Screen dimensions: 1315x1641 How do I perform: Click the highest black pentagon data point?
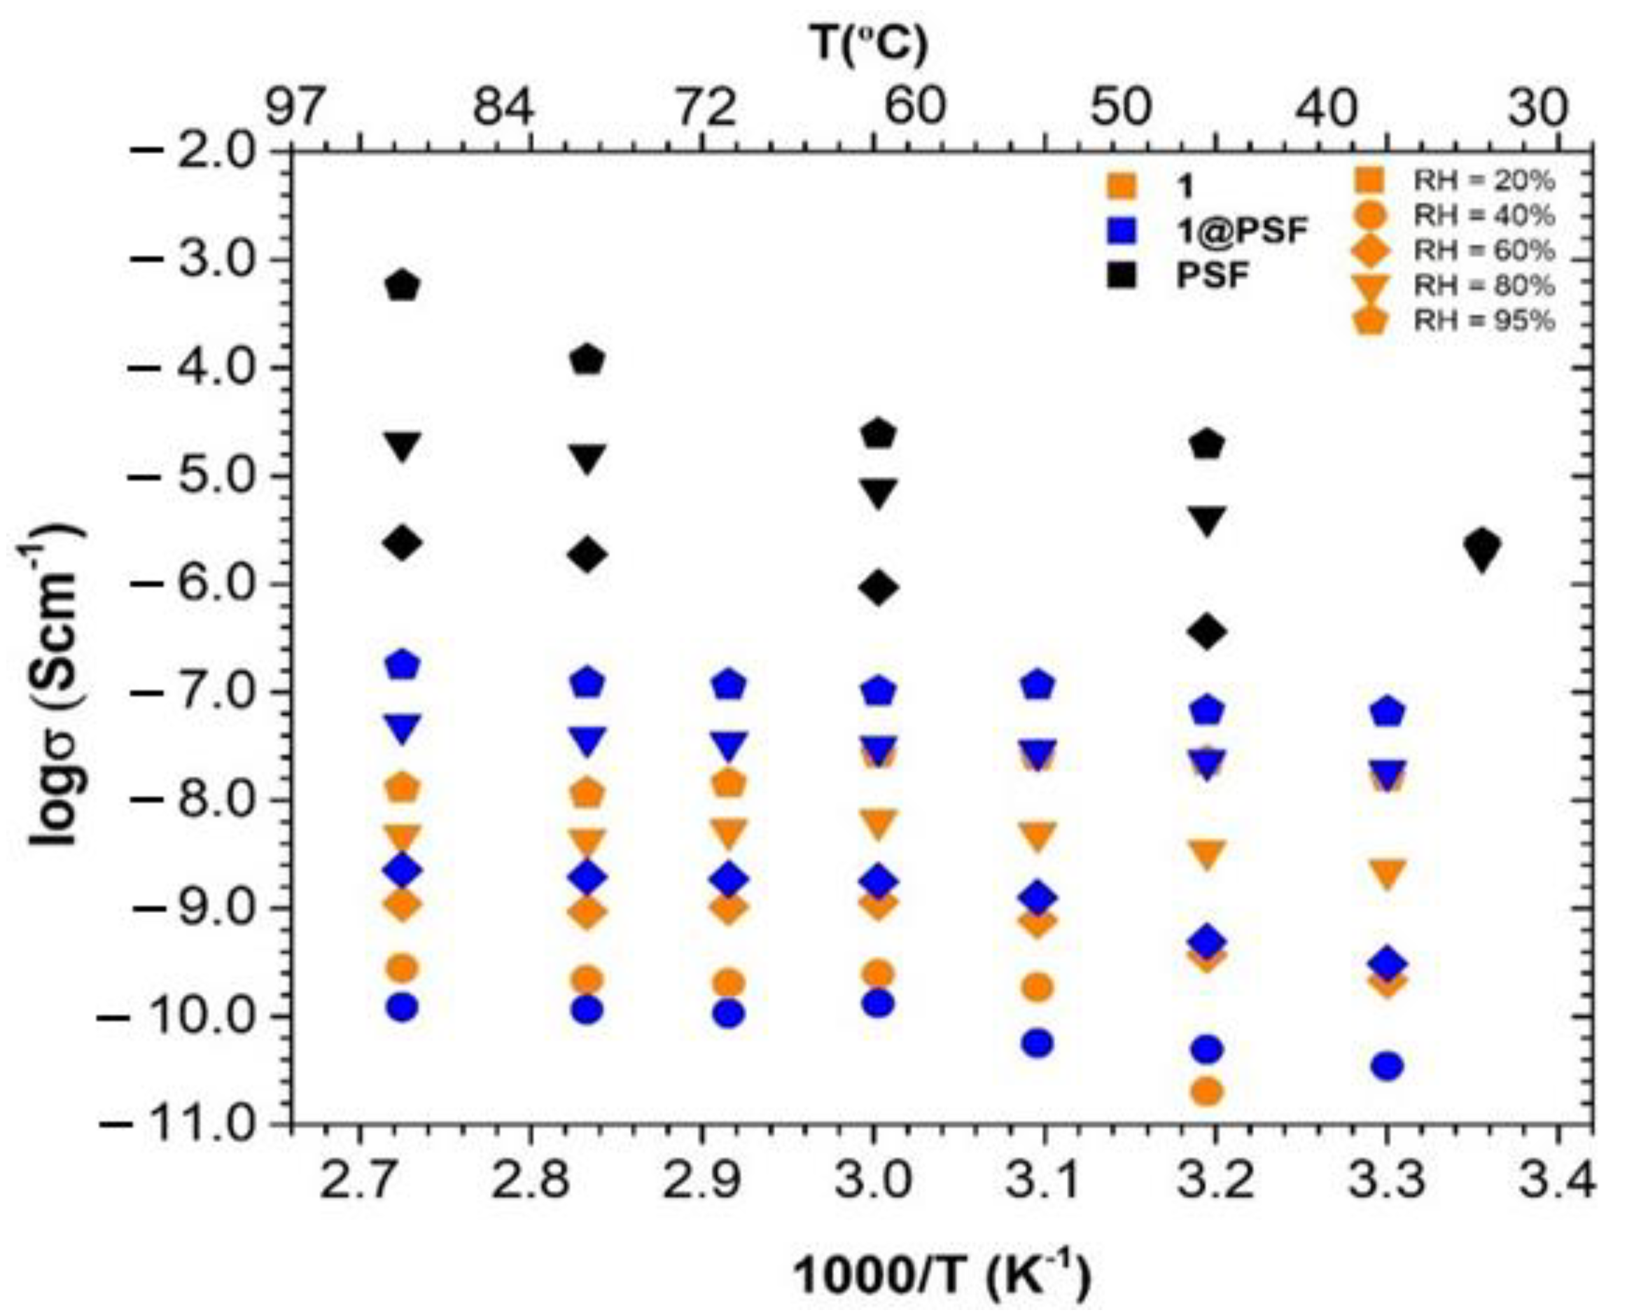coord(403,286)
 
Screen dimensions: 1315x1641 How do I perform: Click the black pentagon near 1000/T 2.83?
coord(587,359)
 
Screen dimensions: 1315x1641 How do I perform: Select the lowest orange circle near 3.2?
coord(1208,1092)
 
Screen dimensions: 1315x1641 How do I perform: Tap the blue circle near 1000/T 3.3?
coord(1388,1066)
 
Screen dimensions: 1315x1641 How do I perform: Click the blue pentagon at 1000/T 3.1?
coord(1040,685)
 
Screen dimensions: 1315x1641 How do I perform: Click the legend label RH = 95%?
coord(1483,321)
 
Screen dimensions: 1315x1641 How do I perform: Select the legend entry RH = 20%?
coord(1483,181)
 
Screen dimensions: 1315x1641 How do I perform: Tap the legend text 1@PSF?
coord(1241,230)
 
